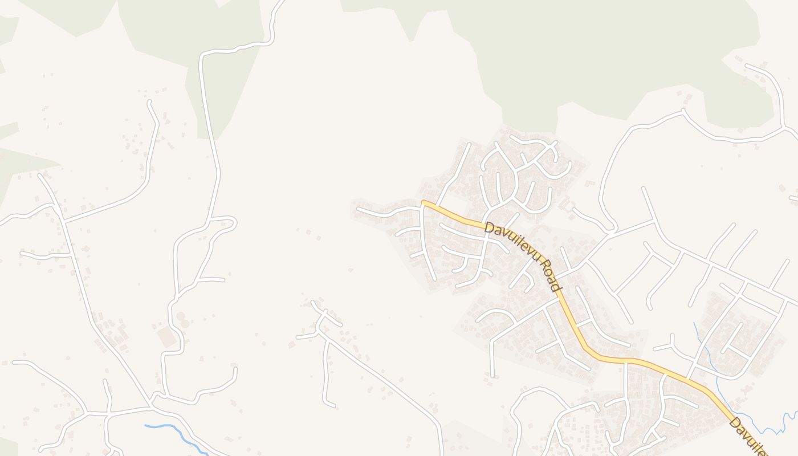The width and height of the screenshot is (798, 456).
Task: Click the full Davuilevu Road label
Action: [522, 256]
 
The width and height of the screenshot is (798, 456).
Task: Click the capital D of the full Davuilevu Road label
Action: [488, 227]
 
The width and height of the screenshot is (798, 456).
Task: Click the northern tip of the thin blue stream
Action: [695, 324]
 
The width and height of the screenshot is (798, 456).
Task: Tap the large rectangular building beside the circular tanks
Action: [168, 337]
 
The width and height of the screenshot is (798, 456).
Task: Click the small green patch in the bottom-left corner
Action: [8, 447]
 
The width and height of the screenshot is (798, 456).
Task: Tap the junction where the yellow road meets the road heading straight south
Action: [625, 361]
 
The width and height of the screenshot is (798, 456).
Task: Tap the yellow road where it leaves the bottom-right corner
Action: [764, 453]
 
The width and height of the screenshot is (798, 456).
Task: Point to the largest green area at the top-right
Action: [598, 51]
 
